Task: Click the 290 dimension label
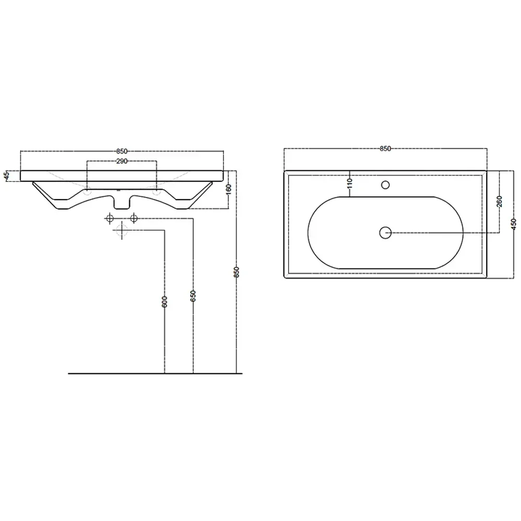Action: [x=122, y=161]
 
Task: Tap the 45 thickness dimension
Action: [x=7, y=176]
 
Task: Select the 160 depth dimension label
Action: [x=229, y=190]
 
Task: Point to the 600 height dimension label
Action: [x=165, y=301]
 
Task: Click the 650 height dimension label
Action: [x=193, y=296]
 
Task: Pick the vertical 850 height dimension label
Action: [x=236, y=272]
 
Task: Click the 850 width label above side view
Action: [x=122, y=151]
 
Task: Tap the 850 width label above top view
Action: [x=386, y=149]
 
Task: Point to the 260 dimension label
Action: [x=499, y=202]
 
